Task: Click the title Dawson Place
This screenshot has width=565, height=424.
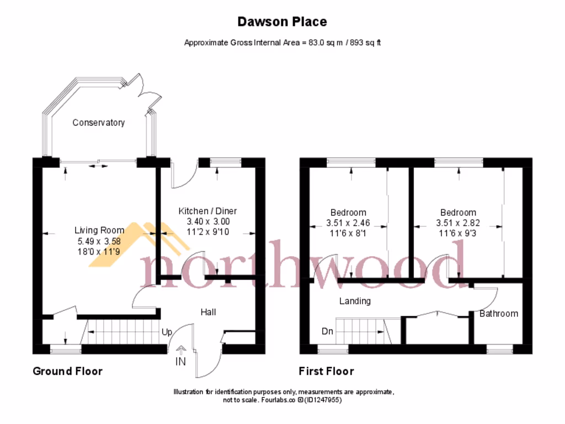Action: [282, 22]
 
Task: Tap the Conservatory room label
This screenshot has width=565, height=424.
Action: [98, 123]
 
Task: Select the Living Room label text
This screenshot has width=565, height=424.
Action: [99, 230]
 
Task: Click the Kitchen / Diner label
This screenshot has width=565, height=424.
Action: [207, 211]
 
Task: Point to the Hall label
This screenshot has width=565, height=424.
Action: [208, 312]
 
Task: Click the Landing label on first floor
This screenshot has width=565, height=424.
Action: [354, 301]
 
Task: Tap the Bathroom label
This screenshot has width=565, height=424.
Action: [498, 314]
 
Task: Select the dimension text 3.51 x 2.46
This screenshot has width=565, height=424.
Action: [348, 224]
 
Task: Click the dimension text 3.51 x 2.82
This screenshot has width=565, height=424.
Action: [458, 224]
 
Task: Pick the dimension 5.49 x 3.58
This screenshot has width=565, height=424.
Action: [99, 241]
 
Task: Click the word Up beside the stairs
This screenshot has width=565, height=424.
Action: [167, 332]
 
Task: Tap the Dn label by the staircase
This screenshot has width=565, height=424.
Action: [327, 332]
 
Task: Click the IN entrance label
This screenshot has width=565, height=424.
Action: [180, 362]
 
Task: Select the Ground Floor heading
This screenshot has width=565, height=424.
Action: [67, 371]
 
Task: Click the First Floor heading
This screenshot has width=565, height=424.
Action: [326, 371]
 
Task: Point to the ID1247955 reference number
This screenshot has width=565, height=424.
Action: [322, 400]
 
